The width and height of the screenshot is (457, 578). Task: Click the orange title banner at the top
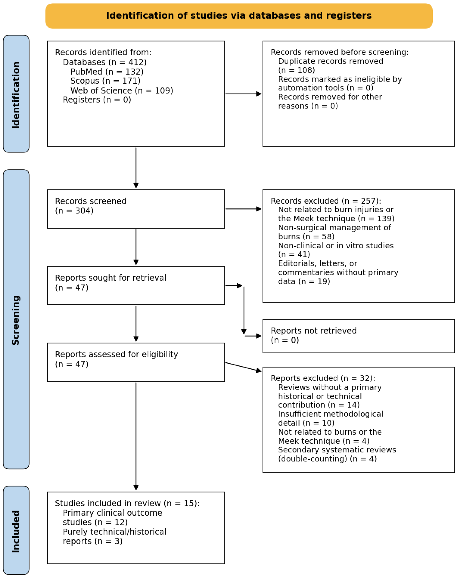point(239,16)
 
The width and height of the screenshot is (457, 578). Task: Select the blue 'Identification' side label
point(16,94)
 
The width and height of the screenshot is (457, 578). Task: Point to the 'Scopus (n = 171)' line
point(105,81)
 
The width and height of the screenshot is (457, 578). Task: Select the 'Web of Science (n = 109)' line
point(122,91)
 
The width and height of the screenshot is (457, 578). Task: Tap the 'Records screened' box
point(136,209)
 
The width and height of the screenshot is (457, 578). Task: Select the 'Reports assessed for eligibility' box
point(136,362)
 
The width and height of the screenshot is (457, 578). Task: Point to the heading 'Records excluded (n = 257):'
point(326,201)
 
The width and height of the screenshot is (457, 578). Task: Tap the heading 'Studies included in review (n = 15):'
point(127,503)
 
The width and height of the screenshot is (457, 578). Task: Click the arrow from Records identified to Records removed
point(243,94)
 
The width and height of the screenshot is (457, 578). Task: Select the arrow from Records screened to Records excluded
point(243,209)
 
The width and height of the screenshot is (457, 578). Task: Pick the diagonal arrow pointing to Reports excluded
point(243,367)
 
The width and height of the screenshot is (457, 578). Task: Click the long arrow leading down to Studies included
point(136,436)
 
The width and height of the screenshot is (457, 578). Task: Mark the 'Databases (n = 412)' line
point(105,62)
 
